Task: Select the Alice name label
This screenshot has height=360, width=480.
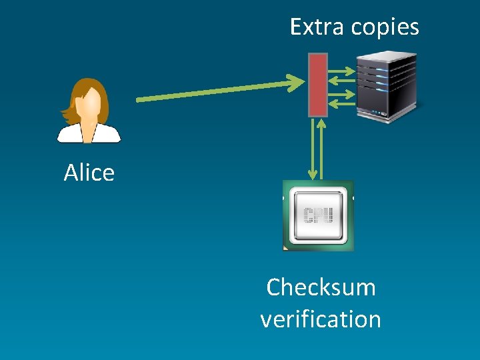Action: (x=89, y=173)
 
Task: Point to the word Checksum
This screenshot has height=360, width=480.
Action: (x=321, y=287)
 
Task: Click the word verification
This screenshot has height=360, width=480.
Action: (x=321, y=319)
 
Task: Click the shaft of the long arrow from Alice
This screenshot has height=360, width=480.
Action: (x=213, y=92)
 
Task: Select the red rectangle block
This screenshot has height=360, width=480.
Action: (x=318, y=85)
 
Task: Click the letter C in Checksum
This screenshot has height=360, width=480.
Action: (x=273, y=287)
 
